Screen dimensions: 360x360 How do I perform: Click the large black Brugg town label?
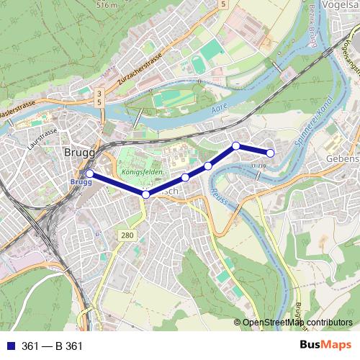pos(78,152)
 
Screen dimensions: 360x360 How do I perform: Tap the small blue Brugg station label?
pos(81,182)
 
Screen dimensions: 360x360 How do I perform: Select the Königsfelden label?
pos(143,173)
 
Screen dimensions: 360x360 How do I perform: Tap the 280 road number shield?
pos(127,236)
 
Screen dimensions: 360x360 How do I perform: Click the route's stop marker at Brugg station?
pos(89,174)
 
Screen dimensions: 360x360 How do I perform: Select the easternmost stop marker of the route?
pos(271,153)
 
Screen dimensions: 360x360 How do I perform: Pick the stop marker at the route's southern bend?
pos(145,194)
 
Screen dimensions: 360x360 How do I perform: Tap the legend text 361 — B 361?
pos(52,346)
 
